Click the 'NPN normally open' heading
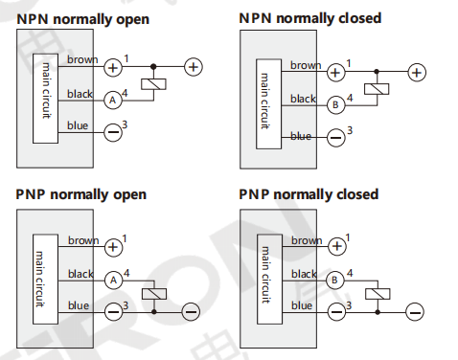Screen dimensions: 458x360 (x=82, y=19)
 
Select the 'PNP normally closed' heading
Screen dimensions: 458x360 (x=309, y=194)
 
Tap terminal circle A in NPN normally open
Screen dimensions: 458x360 (x=113, y=101)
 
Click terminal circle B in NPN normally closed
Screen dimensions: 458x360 (x=335, y=104)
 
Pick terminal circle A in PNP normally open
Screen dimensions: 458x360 (x=113, y=281)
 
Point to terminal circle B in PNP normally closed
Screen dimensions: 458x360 (x=334, y=280)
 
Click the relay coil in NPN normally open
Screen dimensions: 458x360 (x=153, y=84)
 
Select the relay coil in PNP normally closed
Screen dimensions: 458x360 (x=378, y=294)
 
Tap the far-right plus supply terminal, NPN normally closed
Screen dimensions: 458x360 (x=417, y=73)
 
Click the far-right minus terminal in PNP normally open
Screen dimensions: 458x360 (x=191, y=311)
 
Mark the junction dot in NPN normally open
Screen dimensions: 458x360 (x=153, y=67)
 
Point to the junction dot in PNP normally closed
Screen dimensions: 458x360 (x=378, y=311)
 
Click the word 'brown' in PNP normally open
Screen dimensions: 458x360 (x=83, y=240)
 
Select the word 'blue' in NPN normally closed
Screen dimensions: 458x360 (x=301, y=137)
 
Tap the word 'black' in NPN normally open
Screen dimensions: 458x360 (x=80, y=94)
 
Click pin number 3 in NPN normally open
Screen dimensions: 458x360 (x=125, y=124)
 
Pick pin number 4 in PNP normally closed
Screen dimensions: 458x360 (x=350, y=273)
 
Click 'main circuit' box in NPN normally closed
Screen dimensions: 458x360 (x=268, y=104)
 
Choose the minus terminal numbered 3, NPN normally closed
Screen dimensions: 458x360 (x=336, y=138)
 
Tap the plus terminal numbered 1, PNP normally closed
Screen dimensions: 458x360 (x=336, y=246)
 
